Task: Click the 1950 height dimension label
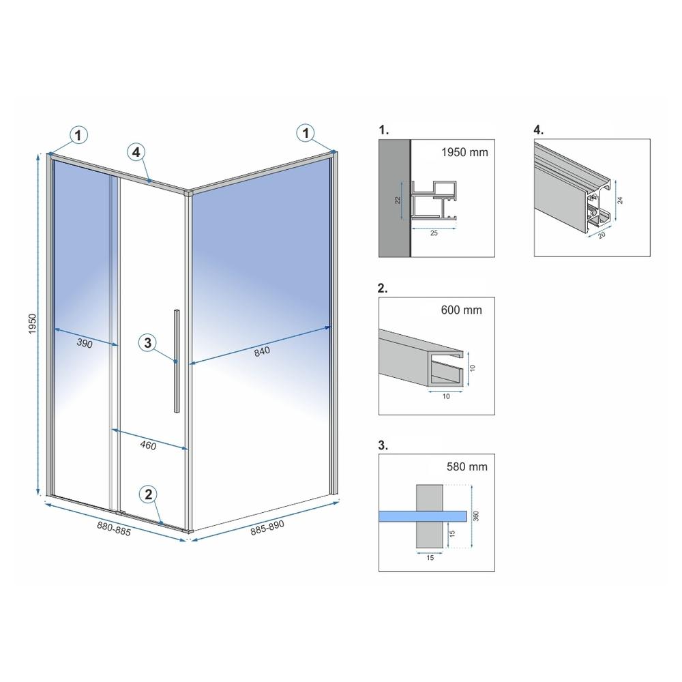coord(33,324)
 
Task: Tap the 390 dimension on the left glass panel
coord(85,344)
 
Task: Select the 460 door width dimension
coord(148,445)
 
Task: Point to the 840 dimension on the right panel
coord(262,351)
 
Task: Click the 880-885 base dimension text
coord(114,529)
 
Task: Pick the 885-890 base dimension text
coord(267,528)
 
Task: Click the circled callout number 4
coord(136,152)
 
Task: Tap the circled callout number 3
coord(148,343)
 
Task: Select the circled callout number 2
coord(148,494)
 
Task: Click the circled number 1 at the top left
coord(78,135)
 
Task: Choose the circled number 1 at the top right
coord(306,133)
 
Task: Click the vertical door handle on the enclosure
coord(177,361)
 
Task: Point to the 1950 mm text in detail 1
coord(464,152)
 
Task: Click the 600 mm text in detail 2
coord(462,310)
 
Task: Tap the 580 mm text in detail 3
coord(467,466)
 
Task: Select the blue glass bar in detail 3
coord(423,516)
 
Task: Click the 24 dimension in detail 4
coord(620,200)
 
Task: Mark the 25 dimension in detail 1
coord(434,233)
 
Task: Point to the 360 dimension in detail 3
coord(476,516)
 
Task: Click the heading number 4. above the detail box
coord(539,130)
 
